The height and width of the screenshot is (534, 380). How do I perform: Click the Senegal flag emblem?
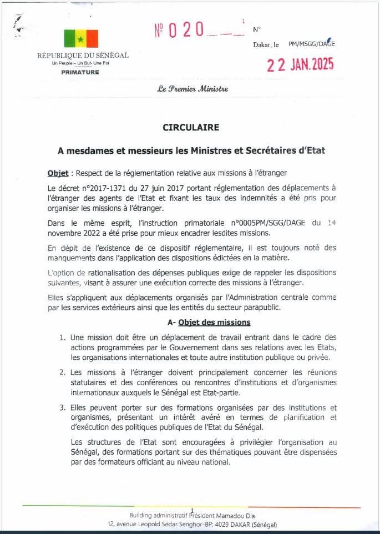[81, 39]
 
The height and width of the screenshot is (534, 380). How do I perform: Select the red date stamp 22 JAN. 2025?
[300, 65]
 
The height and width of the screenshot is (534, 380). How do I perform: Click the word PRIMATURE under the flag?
[81, 72]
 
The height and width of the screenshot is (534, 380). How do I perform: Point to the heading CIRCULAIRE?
[190, 127]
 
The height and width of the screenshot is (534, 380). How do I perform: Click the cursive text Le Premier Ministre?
[192, 89]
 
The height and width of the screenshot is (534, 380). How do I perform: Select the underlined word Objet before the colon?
[57, 173]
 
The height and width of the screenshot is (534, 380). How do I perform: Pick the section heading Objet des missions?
[214, 322]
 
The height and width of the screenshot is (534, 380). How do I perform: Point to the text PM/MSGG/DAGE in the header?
[312, 44]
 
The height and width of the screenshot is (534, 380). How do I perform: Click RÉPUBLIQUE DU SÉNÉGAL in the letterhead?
[83, 56]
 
